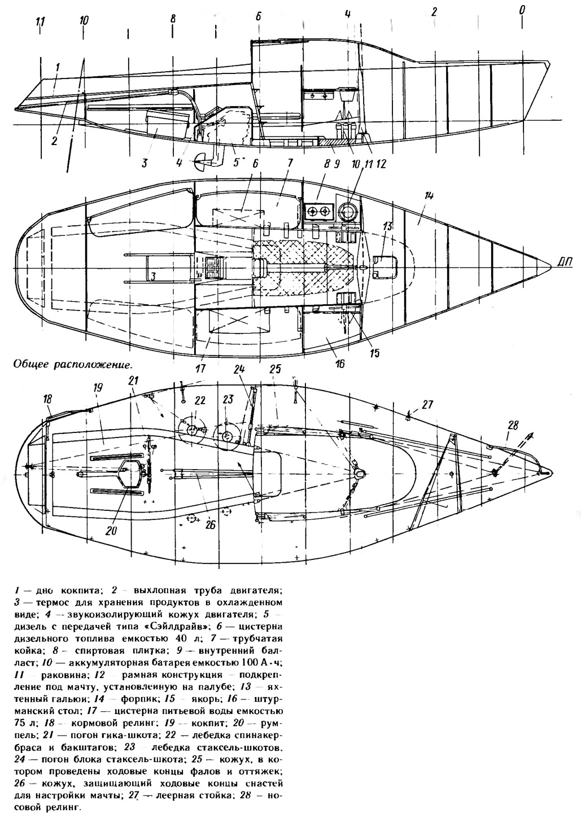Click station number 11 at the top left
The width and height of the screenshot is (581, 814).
(40, 23)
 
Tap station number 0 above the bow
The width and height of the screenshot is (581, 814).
(522, 10)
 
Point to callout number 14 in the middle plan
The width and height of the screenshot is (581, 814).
(429, 196)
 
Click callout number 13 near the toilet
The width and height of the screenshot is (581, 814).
(387, 227)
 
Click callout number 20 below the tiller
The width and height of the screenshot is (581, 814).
(111, 531)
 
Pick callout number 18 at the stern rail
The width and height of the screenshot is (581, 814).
(47, 399)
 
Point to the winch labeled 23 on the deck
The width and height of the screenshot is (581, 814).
(226, 435)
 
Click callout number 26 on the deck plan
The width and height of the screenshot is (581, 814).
(210, 525)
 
